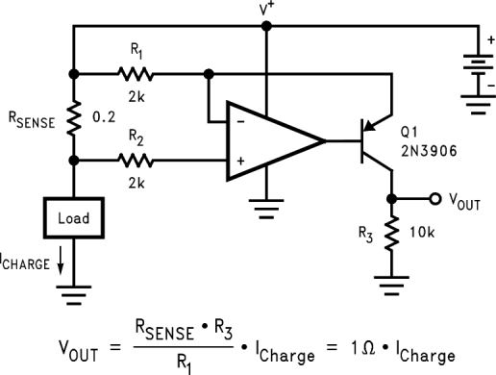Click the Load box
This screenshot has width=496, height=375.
tap(73, 217)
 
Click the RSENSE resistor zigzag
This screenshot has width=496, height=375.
tap(73, 117)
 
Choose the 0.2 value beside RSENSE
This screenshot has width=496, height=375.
tap(103, 117)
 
